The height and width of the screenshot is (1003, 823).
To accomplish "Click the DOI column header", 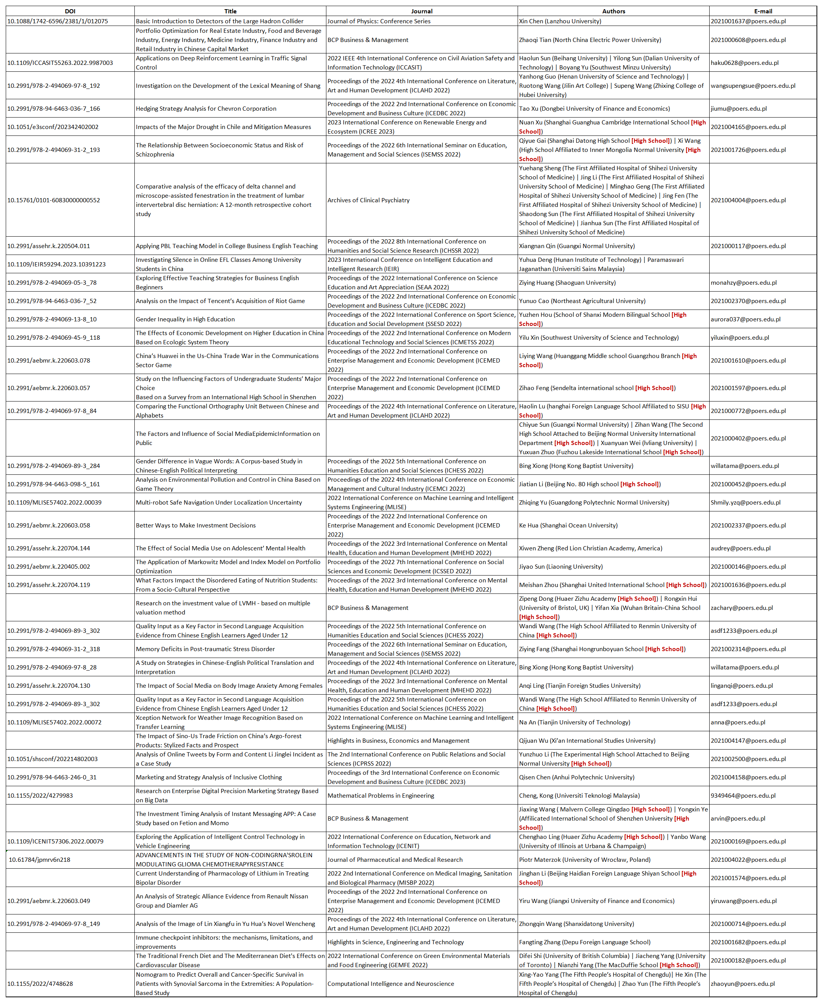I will pyautogui.click(x=70, y=11).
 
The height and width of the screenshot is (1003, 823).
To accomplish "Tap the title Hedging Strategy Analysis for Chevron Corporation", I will pyautogui.click(x=206, y=108).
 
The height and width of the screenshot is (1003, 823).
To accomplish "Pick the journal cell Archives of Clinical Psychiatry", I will pyautogui.click(x=368, y=200).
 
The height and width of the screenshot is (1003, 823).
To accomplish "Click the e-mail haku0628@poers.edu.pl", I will pyautogui.click(x=744, y=63).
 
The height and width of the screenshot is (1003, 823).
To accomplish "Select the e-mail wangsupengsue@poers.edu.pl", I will pyautogui.click(x=753, y=86).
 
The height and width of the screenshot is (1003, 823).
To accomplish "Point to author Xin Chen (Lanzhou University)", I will pyautogui.click(x=560, y=21).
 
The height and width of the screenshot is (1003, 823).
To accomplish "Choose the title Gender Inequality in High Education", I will pyautogui.click(x=186, y=319).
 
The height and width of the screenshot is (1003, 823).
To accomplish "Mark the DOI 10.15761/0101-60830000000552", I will pyautogui.click(x=53, y=200).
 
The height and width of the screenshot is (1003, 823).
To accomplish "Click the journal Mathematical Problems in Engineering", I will pyautogui.click(x=381, y=795).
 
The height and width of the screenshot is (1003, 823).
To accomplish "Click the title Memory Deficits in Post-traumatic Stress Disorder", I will pyautogui.click(x=205, y=649).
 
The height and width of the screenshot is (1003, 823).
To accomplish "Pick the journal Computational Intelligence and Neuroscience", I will pyautogui.click(x=391, y=984).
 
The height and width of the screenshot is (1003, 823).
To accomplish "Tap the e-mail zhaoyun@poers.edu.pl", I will pyautogui.click(x=742, y=984).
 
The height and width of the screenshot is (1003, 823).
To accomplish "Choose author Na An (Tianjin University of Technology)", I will pyautogui.click(x=574, y=722).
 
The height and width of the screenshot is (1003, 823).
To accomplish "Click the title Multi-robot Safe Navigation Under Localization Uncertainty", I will pyautogui.click(x=219, y=502).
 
